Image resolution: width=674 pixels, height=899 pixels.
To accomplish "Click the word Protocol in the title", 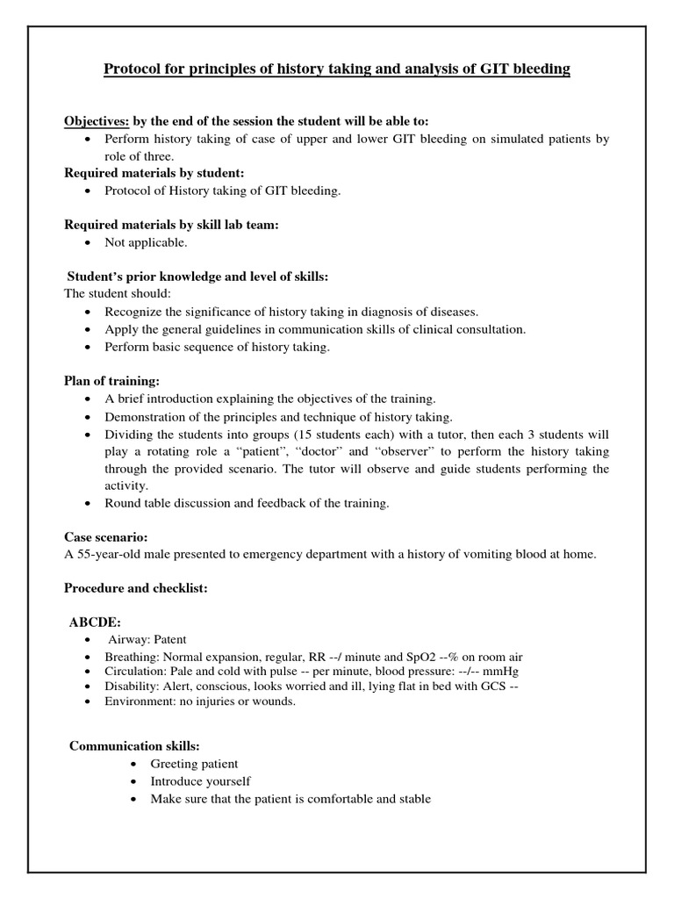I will pyautogui.click(x=135, y=68).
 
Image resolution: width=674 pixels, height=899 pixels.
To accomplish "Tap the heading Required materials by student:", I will pyautogui.click(x=147, y=174).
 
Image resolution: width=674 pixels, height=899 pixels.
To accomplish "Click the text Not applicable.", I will pyautogui.click(x=146, y=242).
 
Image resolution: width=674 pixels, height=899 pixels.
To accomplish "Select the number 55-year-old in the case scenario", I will pyautogui.click(x=111, y=553).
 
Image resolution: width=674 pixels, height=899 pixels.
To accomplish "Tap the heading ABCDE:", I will pyautogui.click(x=96, y=622).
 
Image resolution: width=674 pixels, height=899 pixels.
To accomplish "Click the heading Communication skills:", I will pyautogui.click(x=135, y=746).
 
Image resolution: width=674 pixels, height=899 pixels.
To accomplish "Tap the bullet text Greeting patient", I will pyautogui.click(x=194, y=764).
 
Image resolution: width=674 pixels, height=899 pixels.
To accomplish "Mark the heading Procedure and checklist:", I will pyautogui.click(x=135, y=588).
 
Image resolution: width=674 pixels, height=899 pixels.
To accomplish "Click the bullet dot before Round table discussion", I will pyautogui.click(x=91, y=504).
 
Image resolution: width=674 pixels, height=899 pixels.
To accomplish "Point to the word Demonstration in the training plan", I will pyautogui.click(x=146, y=417).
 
